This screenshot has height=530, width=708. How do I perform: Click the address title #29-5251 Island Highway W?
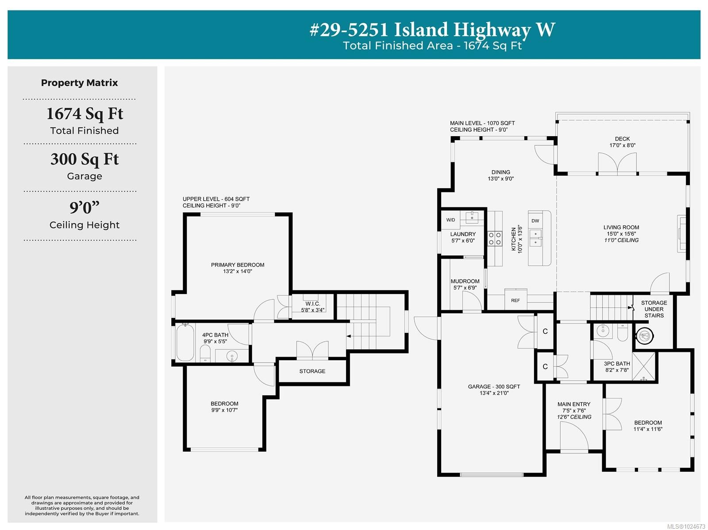pyautogui.click(x=432, y=30)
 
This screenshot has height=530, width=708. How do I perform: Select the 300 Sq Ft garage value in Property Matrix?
pyautogui.click(x=85, y=159)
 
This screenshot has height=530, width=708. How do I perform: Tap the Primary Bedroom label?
pyautogui.click(x=238, y=268)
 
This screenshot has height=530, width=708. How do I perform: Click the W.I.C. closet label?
pyautogui.click(x=312, y=307)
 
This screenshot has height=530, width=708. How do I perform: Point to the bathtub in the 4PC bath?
pyautogui.click(x=185, y=343)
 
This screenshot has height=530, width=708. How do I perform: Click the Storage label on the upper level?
pyautogui.click(x=312, y=371)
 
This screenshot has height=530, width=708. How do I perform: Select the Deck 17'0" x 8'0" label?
pyautogui.click(x=622, y=142)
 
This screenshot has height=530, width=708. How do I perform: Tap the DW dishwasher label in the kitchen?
pyautogui.click(x=535, y=221)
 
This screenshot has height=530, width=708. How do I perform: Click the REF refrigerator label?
pyautogui.click(x=516, y=300)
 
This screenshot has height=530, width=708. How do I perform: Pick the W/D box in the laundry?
pyautogui.click(x=450, y=220)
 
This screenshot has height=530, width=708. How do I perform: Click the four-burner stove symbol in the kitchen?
pyautogui.click(x=495, y=239)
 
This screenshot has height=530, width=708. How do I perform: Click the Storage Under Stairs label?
pyautogui.click(x=654, y=309)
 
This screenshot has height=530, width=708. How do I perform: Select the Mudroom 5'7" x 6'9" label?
pyautogui.click(x=465, y=284)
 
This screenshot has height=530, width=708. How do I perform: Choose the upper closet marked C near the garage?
pyautogui.click(x=545, y=331)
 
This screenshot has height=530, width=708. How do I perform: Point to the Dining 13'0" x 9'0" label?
pyautogui.click(x=500, y=175)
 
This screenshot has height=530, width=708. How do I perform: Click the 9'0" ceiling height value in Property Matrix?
pyautogui.click(x=85, y=207)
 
